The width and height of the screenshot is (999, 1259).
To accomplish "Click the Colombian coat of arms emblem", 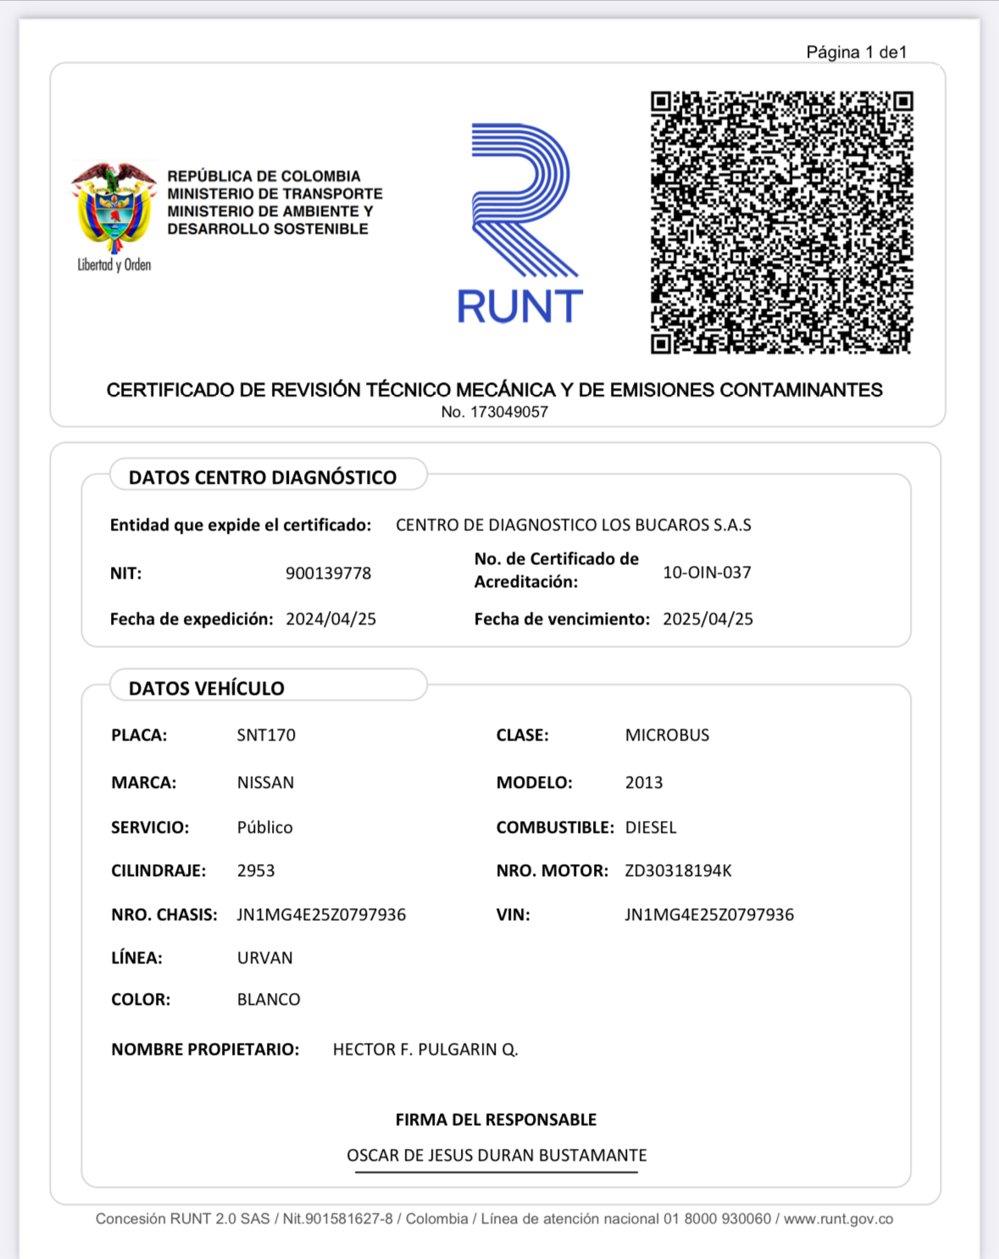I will (x=114, y=208).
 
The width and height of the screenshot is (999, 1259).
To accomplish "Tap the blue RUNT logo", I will (x=519, y=225).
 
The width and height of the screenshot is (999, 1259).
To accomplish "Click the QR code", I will (x=781, y=222).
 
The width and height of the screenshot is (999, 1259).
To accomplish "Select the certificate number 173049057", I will (x=495, y=413).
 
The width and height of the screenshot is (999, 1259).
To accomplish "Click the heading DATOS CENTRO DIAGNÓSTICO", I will (x=263, y=478).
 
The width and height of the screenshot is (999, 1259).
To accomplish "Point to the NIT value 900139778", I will (x=328, y=574).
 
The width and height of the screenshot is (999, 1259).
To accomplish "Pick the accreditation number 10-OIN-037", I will (x=707, y=573).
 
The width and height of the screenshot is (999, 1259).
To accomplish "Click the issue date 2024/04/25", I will (x=330, y=619).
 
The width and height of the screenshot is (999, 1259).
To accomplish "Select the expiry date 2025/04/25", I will (x=708, y=619).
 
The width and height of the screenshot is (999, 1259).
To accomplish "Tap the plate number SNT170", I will (x=266, y=735).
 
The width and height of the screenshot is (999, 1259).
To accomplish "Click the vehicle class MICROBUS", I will (x=667, y=735).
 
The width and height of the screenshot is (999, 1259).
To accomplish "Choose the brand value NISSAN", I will (x=265, y=783).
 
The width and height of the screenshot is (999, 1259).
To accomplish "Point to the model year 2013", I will (x=644, y=783).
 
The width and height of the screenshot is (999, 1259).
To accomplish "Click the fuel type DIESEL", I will (x=651, y=828).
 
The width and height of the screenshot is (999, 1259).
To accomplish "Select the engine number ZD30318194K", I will (x=678, y=871).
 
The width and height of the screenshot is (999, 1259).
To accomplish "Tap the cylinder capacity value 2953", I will (x=256, y=871).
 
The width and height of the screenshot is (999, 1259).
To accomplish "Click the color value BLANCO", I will (x=269, y=1000).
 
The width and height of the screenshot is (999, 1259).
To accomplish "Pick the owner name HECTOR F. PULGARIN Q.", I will (x=425, y=1050).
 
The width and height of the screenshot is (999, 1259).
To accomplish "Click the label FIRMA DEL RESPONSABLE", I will (x=496, y=1120).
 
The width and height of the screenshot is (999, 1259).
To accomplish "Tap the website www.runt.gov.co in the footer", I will (x=838, y=1219).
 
